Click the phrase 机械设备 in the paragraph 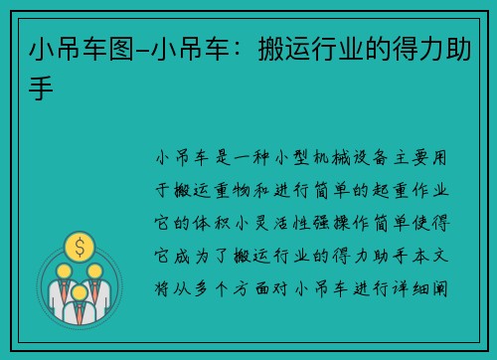[348, 157]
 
